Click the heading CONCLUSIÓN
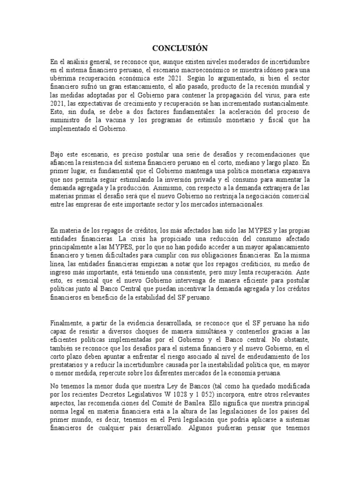pos(180,48)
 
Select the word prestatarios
pos(69,365)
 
